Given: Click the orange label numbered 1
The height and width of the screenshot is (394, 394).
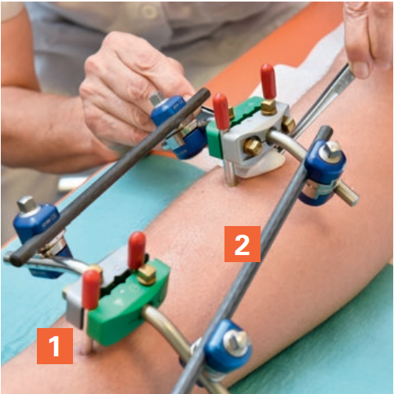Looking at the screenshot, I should (x=55, y=345).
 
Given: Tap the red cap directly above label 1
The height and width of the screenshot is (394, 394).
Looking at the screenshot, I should (x=91, y=287).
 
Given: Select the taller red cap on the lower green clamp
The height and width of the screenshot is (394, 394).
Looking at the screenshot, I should (x=137, y=249).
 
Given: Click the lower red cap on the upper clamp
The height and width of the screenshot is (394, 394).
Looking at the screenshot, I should (x=221, y=111).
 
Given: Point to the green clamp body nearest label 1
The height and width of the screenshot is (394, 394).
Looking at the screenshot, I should (x=126, y=299).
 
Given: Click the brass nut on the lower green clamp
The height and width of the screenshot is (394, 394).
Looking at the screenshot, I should (x=147, y=275).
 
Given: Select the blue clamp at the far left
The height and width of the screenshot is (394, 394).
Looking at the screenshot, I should (x=38, y=227).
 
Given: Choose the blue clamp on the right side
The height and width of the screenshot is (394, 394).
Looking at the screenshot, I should (x=324, y=170).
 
